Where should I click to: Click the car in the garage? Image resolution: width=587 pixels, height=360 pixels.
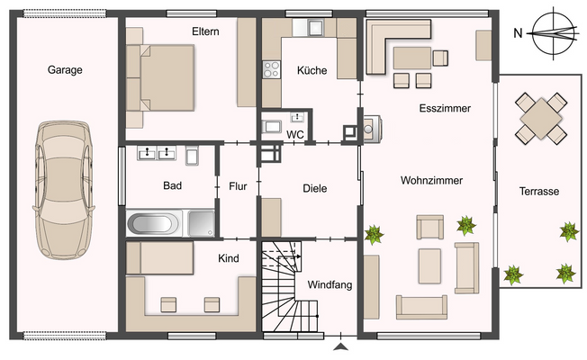click(64, 190)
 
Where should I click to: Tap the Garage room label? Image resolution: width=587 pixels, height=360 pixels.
click(65, 70)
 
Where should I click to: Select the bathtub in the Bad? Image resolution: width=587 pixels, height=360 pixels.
click(154, 224)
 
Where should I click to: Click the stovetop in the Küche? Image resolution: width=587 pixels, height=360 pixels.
click(271, 69)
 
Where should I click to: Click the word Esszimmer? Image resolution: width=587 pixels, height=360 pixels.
click(445, 109)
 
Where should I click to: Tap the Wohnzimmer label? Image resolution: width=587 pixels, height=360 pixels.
click(431, 180)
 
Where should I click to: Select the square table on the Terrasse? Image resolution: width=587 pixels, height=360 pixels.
click(540, 119)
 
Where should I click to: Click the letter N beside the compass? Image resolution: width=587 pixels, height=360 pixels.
click(518, 33)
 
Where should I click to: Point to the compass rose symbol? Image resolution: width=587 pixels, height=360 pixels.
click(554, 33)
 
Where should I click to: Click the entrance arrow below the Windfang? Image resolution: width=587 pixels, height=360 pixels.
click(340, 346)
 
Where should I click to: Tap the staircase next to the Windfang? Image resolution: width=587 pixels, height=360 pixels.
click(289, 286)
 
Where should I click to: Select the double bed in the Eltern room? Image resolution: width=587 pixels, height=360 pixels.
click(160, 77)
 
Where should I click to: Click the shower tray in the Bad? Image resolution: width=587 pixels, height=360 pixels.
click(202, 223)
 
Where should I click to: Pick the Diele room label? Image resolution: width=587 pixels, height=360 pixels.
click(315, 189)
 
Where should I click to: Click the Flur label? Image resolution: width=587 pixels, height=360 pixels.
click(238, 186)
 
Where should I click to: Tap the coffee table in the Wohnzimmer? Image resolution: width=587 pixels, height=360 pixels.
click(429, 266)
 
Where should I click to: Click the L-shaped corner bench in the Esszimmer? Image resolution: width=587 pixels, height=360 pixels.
click(398, 47)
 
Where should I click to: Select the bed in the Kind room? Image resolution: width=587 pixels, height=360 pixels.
click(160, 257)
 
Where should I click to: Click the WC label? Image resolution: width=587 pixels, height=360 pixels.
click(295, 135)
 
